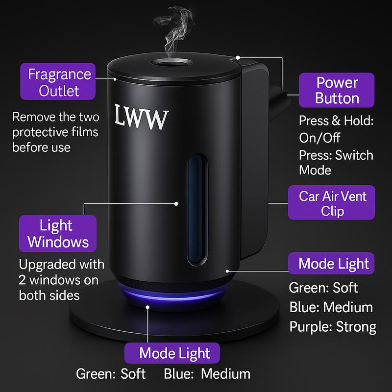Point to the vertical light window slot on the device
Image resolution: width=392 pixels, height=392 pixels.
tap(198, 208)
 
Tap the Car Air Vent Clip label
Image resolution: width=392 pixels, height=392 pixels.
tap(333, 204)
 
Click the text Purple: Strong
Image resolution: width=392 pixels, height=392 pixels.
tap(333, 326)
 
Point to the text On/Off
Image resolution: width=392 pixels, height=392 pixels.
tap(319, 138)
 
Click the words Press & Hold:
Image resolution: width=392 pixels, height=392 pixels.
tap(336, 121)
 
